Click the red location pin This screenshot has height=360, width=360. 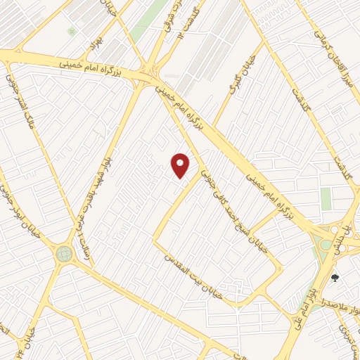coord(181,165)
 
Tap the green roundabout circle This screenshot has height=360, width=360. coord(65,253)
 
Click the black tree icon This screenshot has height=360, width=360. coord(335,278)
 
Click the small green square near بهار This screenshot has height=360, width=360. coord(70,32)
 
